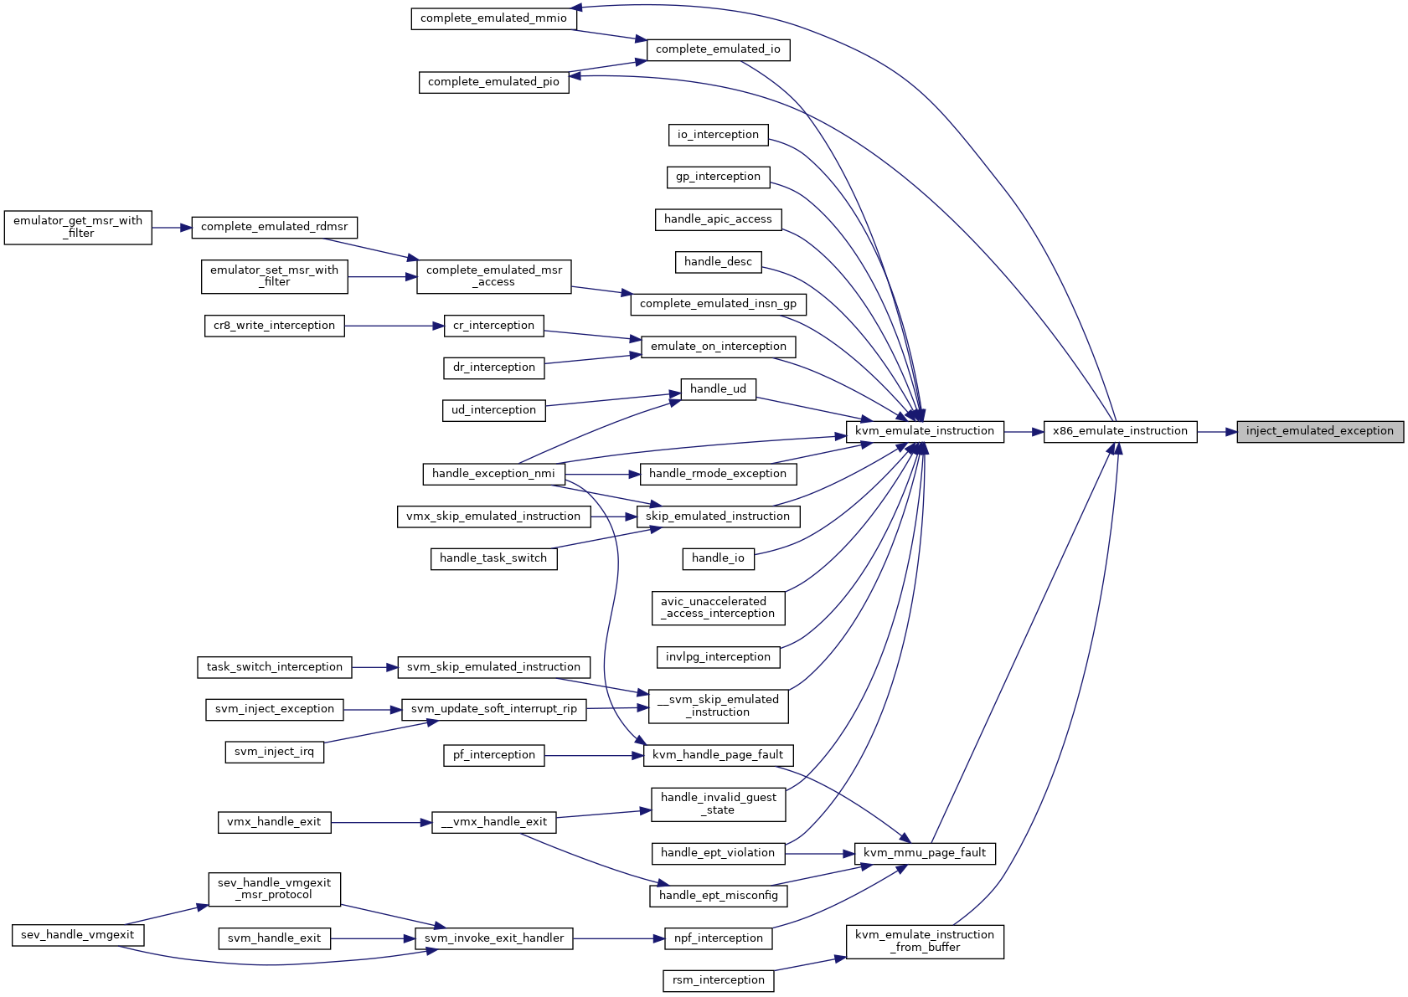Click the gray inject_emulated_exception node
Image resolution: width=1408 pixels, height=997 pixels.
coord(1320,432)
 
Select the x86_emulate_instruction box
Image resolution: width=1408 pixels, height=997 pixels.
coord(1120,432)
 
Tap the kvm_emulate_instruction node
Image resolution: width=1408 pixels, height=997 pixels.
coord(925,432)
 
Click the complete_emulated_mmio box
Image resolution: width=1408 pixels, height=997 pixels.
coord(493,18)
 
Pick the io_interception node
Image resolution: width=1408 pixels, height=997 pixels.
coord(718,135)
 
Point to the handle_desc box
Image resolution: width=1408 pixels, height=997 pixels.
coord(718,262)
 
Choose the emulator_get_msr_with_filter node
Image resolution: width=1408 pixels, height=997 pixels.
coord(78,228)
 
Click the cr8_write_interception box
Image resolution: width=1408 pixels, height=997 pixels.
coord(274,326)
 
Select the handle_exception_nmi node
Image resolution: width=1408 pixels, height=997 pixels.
coord(493,475)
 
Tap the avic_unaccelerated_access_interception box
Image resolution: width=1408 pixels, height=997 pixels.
coord(718,608)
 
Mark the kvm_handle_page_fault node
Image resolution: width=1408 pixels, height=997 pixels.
coord(718,755)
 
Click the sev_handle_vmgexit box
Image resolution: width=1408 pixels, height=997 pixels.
coord(78,935)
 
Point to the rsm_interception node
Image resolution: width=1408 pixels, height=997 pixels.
coord(718,980)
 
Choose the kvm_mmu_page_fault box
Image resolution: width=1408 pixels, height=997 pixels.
coord(925,854)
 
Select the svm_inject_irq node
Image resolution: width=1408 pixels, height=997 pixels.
coord(274,752)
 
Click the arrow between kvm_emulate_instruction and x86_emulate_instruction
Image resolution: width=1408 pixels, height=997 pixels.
coord(1024,432)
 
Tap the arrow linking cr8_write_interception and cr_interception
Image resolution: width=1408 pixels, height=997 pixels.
coord(395,326)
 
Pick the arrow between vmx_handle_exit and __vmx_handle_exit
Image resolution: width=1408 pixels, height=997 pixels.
coord(382,823)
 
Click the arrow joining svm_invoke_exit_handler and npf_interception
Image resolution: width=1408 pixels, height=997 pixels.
coord(619,939)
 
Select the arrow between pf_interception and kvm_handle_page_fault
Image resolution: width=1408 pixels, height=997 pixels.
coord(594,756)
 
